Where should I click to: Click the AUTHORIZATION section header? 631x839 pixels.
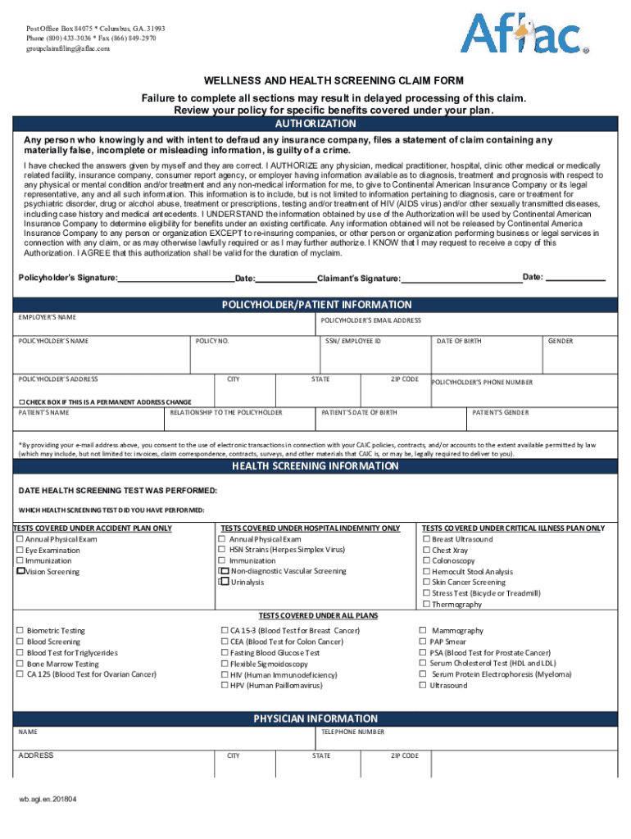(x=315, y=125)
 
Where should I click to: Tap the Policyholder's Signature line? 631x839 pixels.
(x=175, y=278)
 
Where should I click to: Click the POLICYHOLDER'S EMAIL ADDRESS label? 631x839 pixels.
(x=370, y=320)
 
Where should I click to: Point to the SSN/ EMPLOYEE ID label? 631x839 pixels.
(x=353, y=341)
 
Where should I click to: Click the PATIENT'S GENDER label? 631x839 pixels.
(x=501, y=413)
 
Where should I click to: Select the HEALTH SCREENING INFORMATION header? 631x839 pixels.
(x=315, y=466)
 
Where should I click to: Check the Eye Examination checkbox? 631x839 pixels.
(x=20, y=551)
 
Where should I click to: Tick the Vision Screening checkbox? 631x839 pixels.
(x=21, y=571)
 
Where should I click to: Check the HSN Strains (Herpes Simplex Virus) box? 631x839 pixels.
(x=221, y=550)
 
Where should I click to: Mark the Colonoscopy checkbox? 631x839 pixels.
(x=426, y=561)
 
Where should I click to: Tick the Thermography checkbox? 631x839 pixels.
(x=426, y=604)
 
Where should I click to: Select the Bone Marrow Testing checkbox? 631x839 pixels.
(x=20, y=664)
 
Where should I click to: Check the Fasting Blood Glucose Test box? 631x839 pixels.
(x=225, y=653)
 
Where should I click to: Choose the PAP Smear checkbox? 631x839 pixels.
(x=423, y=642)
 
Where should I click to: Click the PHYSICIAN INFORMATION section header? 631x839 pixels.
(x=315, y=719)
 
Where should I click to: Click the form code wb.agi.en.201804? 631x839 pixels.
(x=48, y=800)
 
